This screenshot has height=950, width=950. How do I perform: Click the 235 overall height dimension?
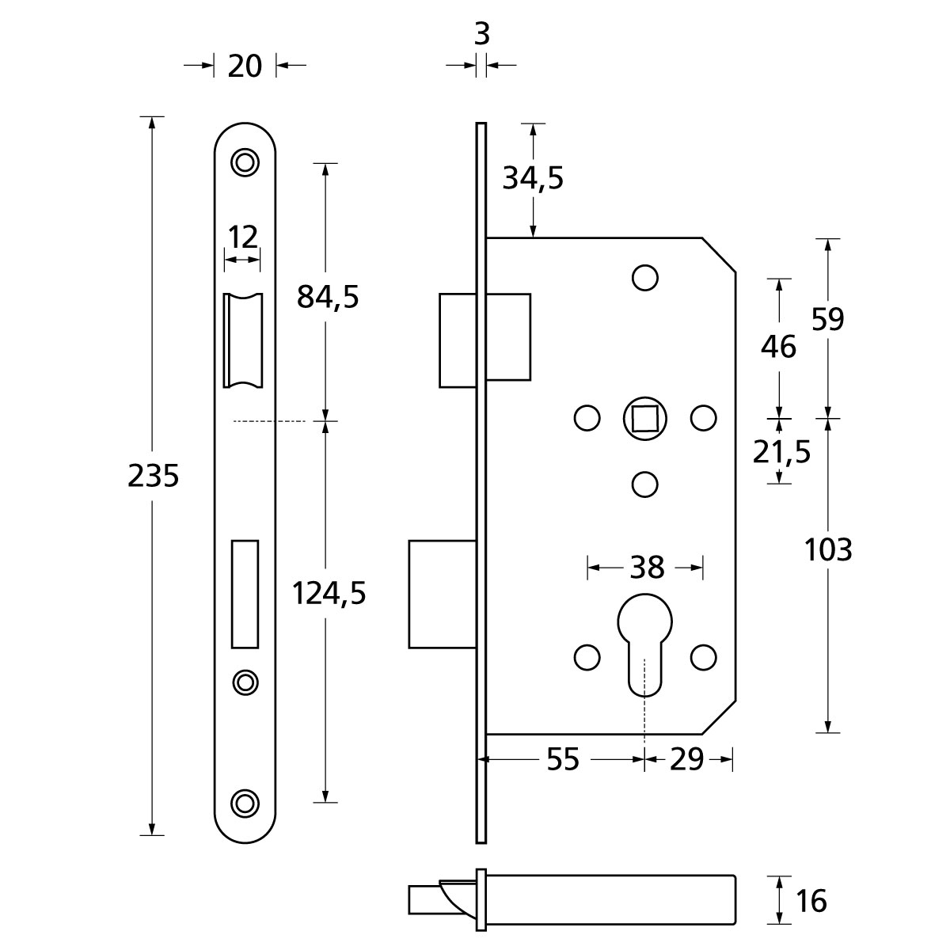(x=154, y=477)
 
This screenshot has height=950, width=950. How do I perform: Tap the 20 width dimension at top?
(x=245, y=66)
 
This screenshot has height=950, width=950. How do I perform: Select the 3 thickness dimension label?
(x=481, y=34)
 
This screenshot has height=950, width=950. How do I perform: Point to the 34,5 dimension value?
(x=533, y=179)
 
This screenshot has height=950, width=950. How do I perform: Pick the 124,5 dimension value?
(x=329, y=592)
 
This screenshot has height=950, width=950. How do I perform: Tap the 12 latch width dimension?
(x=242, y=236)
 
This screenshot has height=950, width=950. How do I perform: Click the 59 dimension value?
(x=828, y=319)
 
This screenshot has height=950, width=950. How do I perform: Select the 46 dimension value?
(x=779, y=346)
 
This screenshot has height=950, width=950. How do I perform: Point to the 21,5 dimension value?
(x=782, y=452)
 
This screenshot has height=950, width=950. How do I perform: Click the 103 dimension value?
(x=828, y=549)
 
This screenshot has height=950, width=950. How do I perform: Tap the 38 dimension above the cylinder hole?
(x=646, y=567)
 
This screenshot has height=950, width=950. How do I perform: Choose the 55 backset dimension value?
(x=563, y=760)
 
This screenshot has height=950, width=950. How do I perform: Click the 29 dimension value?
(x=686, y=760)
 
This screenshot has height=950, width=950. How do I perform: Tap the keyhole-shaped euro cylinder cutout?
(x=644, y=641)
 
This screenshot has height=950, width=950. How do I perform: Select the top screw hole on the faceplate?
(x=245, y=161)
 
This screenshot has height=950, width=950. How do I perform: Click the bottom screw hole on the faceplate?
(x=245, y=802)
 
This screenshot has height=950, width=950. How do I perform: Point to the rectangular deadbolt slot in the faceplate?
(x=245, y=592)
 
